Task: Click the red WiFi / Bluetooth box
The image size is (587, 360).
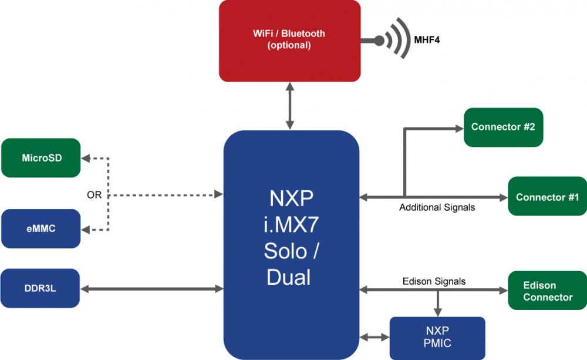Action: pos(289,41)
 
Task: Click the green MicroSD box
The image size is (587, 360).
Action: pos(41,157)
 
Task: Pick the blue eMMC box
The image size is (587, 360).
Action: pos(41,228)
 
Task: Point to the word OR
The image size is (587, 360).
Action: pos(94,194)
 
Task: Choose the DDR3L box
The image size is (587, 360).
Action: pos(41,288)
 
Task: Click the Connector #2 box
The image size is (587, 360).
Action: pos(503,127)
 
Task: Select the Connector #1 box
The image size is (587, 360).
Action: pos(547,197)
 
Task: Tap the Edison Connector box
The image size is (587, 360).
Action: pos(547,291)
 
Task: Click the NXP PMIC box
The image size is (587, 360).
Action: pos(437,338)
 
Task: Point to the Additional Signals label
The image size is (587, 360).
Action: pos(437,207)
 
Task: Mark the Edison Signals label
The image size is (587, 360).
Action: pos(434,281)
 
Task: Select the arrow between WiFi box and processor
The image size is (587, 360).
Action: pos(290,106)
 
